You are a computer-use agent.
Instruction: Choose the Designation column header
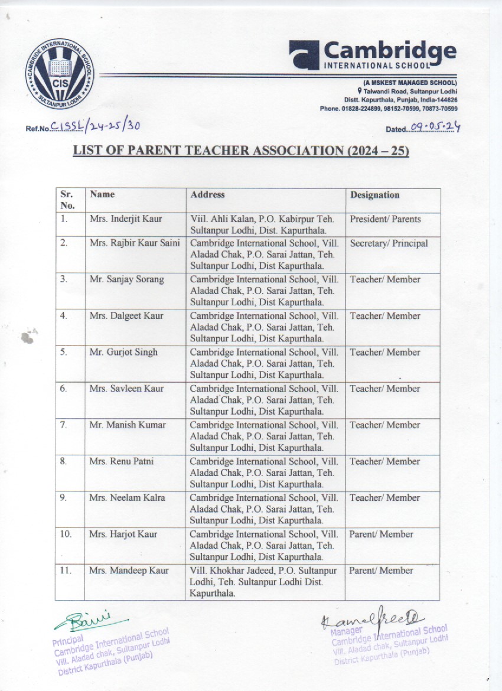pyautogui.click(x=374, y=195)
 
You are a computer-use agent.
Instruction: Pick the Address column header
pyautogui.click(x=207, y=194)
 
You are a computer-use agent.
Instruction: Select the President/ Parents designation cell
pyautogui.click(x=385, y=219)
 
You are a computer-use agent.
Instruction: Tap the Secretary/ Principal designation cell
pyautogui.click(x=389, y=243)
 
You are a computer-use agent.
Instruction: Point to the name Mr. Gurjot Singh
pyautogui.click(x=123, y=352)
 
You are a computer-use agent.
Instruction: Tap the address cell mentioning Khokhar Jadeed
pyautogui.click(x=263, y=582)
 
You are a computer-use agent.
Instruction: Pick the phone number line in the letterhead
pyautogui.click(x=389, y=109)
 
